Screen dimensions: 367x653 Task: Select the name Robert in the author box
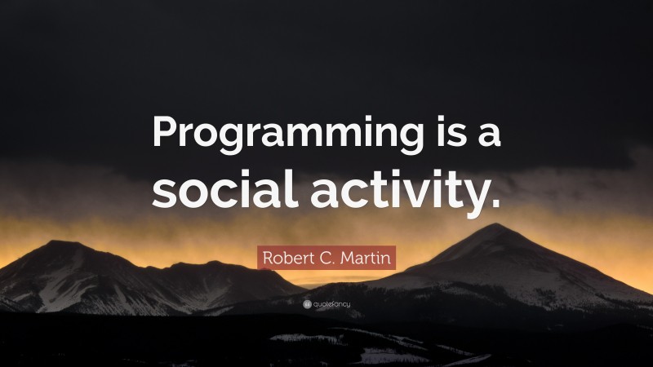click(285, 259)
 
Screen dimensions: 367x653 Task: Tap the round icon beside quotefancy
click(307, 304)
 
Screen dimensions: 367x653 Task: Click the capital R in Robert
click(267, 259)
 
